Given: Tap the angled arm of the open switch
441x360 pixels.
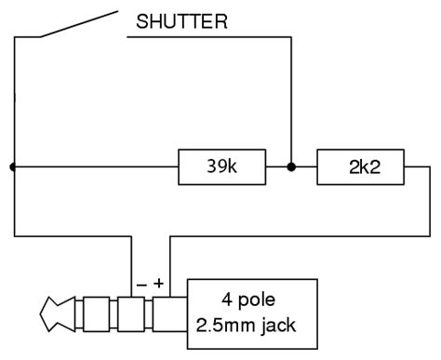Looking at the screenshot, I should click(80, 24).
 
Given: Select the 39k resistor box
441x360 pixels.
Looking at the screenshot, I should click(220, 167).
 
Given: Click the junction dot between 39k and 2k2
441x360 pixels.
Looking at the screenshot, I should click(291, 167).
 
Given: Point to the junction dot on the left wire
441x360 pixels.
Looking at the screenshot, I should click(13, 167).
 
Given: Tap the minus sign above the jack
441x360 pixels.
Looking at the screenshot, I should click(140, 280).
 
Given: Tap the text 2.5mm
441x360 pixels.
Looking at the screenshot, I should click(228, 327).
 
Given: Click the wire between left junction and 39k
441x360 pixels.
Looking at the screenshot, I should click(93, 167).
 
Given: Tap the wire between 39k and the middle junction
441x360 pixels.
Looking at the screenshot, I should click(277, 167).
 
